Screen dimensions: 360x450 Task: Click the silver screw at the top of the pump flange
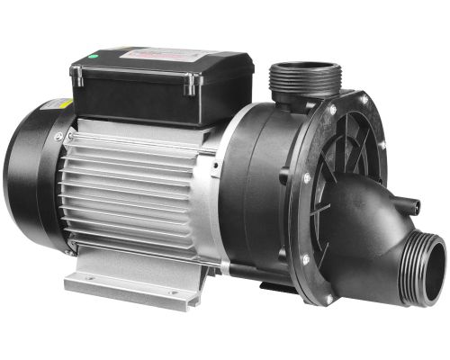[328, 110]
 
